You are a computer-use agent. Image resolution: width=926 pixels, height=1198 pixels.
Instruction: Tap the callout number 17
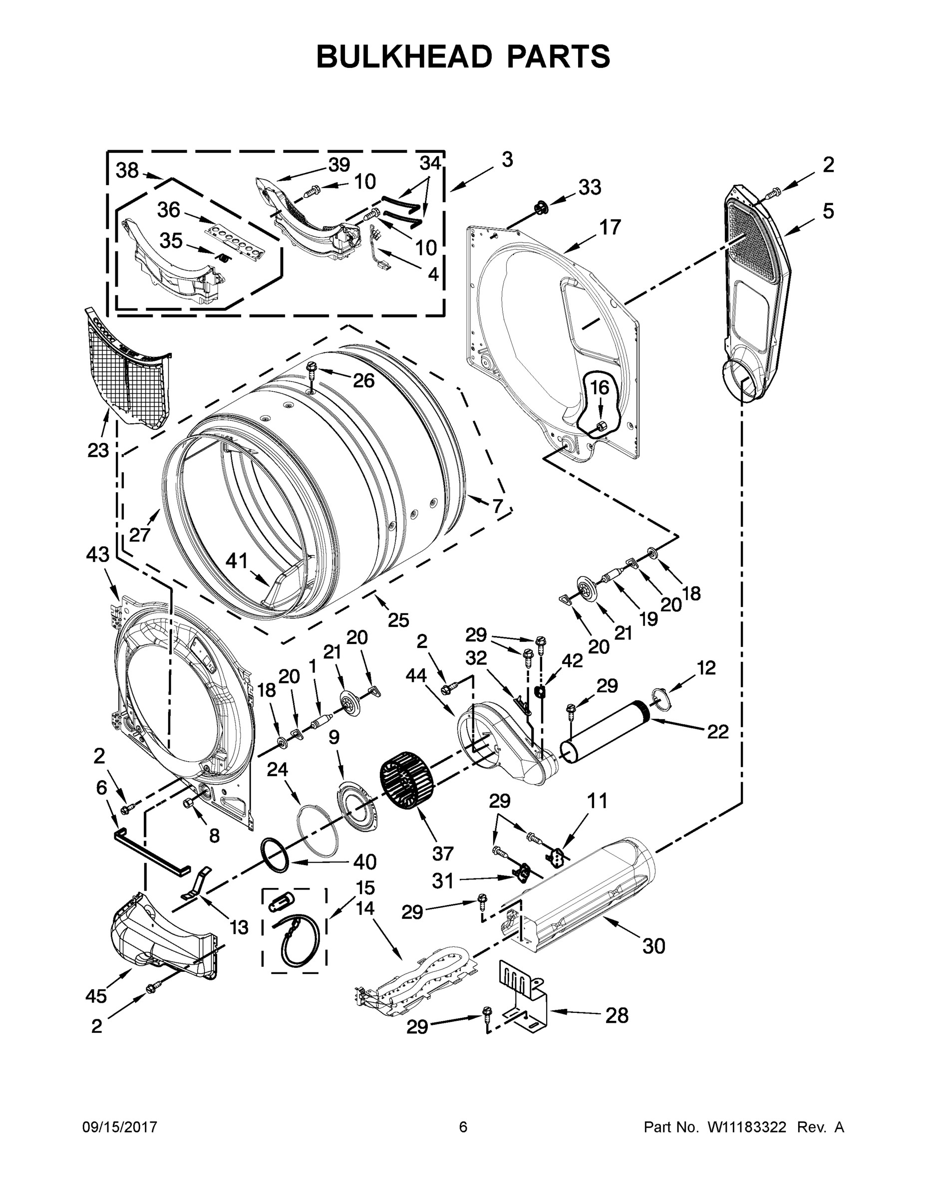[x=610, y=227]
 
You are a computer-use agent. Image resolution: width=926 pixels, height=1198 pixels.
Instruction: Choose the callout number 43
[x=98, y=555]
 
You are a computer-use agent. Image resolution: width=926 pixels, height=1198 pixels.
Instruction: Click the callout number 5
[x=828, y=211]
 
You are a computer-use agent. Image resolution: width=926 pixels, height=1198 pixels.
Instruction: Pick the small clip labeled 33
[x=540, y=207]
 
